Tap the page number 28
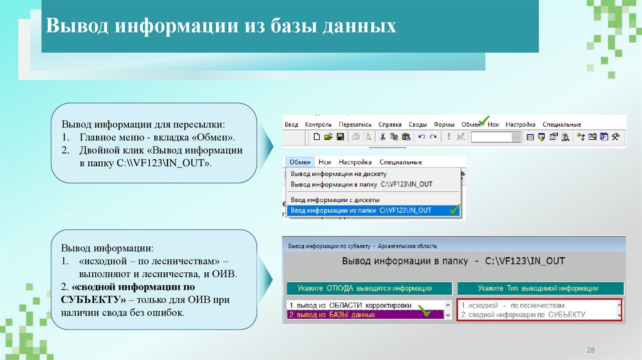coord(589,349)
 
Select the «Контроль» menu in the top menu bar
coord(318,124)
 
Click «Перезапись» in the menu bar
coord(355,124)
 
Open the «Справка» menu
coord(390,124)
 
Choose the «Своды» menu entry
coord(418,124)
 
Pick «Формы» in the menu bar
coord(444,124)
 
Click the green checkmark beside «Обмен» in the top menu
coord(483,120)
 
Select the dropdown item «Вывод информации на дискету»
coord(339,174)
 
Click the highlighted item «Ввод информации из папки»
coord(360,211)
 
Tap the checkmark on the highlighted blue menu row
coord(454,210)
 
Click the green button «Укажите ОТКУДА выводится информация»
coord(369,289)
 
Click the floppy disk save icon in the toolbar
coord(340,137)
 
